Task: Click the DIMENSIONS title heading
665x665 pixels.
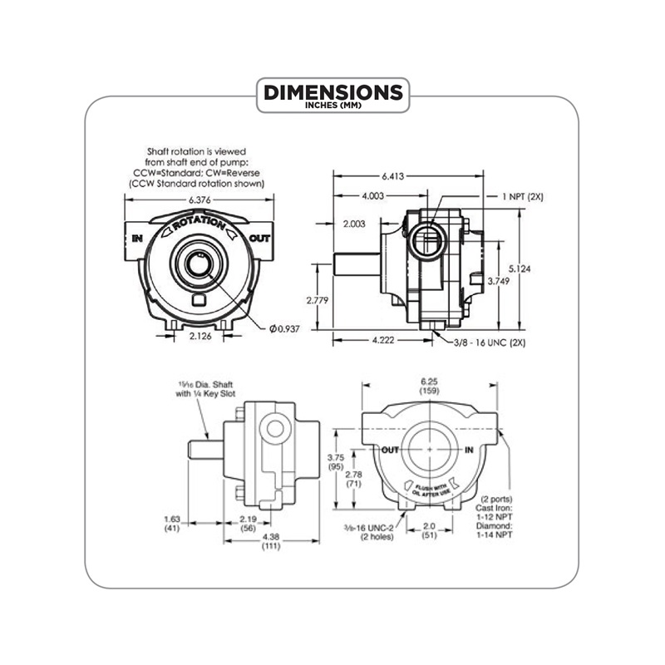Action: [x=332, y=91]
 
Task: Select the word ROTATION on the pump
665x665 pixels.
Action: [x=199, y=224]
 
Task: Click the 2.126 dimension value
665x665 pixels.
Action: [x=199, y=337]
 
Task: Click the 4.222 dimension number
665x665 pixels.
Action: [x=382, y=340]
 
